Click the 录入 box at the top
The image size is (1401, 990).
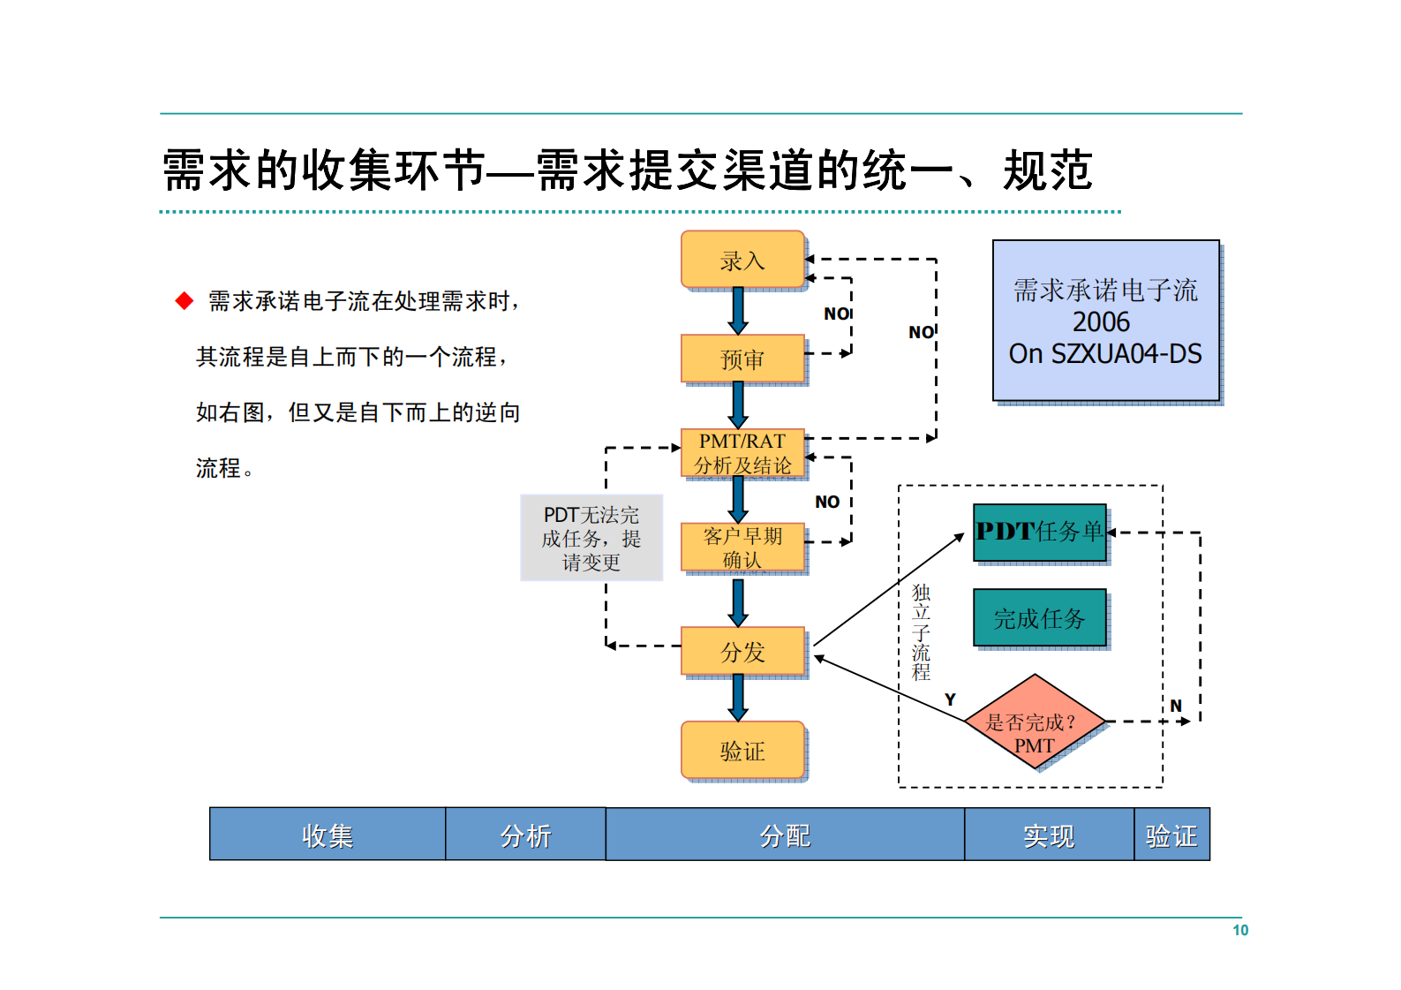click(742, 261)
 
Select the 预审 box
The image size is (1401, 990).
click(742, 359)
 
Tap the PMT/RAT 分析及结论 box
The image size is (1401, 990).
click(742, 453)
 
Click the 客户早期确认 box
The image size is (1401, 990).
click(742, 548)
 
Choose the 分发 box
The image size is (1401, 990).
click(742, 652)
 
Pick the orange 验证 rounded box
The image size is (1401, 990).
click(742, 751)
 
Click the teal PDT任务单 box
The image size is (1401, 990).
click(1039, 532)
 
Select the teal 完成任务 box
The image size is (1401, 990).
click(1039, 618)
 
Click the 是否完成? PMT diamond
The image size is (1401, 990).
click(1034, 722)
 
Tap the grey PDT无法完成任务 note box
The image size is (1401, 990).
click(591, 538)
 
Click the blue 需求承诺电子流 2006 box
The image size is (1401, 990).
click(1105, 321)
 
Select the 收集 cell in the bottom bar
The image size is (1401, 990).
click(328, 835)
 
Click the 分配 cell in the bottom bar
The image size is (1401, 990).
click(785, 835)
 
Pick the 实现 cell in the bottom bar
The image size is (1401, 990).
click(1049, 835)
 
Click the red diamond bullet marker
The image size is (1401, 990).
click(185, 301)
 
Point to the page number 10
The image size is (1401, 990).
click(1240, 930)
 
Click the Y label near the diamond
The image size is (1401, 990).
click(950, 699)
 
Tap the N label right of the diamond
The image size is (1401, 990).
click(1176, 706)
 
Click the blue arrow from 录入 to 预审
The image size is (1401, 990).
click(738, 311)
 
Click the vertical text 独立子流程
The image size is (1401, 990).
click(921, 631)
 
